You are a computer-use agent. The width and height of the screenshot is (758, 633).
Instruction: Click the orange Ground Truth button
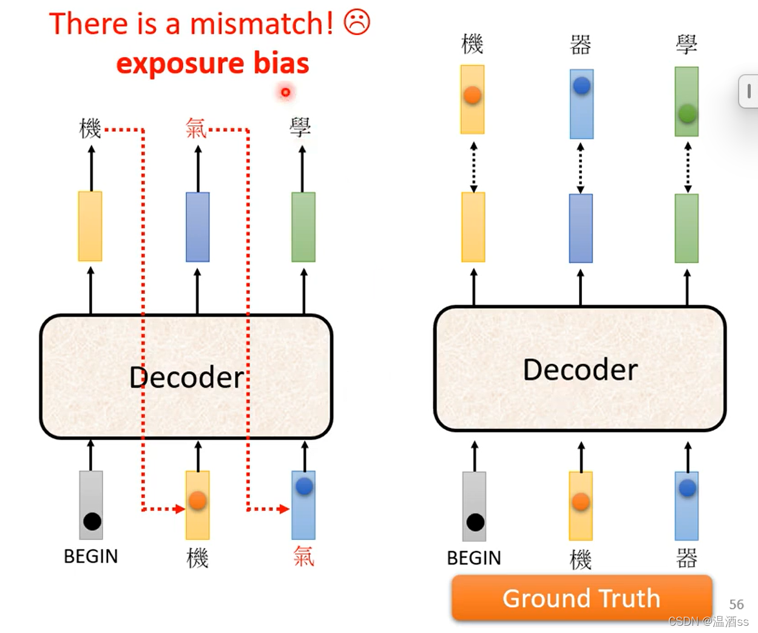pos(581,598)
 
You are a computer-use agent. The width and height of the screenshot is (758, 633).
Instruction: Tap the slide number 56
pos(736,604)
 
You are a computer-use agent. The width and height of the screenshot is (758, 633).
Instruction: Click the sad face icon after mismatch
pos(357,22)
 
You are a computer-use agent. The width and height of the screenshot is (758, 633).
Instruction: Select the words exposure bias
pos(212,63)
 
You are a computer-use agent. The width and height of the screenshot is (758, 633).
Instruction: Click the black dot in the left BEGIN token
pos(92,521)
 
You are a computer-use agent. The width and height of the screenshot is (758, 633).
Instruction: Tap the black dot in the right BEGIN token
pos(475,522)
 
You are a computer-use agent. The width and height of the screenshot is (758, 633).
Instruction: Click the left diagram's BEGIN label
pos(91,556)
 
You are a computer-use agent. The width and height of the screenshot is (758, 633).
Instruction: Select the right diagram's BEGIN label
pos(474,558)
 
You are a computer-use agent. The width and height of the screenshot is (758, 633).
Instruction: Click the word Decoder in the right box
pos(580,369)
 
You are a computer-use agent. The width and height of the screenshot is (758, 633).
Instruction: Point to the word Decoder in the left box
pos(187,377)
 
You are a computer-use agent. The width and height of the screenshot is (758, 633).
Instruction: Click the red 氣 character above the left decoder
pos(196,128)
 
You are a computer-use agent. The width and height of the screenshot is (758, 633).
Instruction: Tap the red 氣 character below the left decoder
pos(303,556)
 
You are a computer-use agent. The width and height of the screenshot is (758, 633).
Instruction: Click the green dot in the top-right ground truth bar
pos(687,113)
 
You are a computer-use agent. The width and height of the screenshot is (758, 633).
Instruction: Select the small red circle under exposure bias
pos(285,92)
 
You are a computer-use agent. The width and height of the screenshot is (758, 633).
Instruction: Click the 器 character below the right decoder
pos(686,558)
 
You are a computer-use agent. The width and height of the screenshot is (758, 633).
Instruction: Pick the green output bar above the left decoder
pos(303,227)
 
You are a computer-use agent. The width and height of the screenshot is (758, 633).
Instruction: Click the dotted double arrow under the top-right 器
pos(581,168)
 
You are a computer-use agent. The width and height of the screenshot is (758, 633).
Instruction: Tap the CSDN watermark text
pos(708,621)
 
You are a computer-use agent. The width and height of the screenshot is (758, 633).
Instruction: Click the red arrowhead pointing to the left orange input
pos(180,509)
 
